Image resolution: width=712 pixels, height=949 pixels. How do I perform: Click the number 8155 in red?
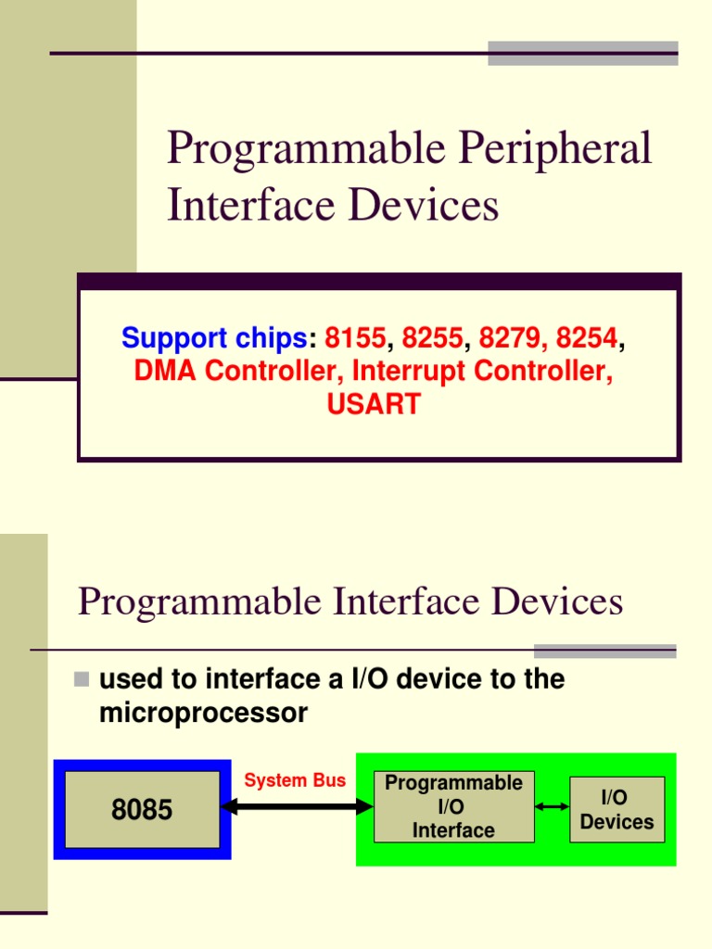(x=355, y=338)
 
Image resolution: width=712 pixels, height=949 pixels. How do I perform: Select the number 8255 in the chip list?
(x=432, y=338)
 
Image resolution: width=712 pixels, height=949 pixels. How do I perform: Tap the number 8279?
(x=509, y=338)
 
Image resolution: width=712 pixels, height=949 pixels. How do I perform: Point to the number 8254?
(x=586, y=338)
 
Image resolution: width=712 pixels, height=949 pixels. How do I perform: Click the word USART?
(x=374, y=404)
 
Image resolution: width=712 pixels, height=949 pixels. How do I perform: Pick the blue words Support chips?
(x=213, y=338)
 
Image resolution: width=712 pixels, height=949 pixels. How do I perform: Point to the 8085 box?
(x=142, y=809)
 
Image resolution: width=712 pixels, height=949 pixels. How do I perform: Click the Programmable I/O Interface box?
(x=453, y=806)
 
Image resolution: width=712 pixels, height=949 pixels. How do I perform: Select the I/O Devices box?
(x=617, y=809)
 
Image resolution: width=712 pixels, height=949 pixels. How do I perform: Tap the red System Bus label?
(x=295, y=780)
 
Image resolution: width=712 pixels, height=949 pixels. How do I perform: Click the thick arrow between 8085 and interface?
(x=297, y=807)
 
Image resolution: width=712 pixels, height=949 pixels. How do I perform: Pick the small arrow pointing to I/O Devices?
(x=553, y=807)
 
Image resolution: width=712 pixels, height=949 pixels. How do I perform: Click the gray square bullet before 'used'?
(x=82, y=680)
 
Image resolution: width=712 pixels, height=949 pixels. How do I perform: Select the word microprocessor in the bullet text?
(x=203, y=714)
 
